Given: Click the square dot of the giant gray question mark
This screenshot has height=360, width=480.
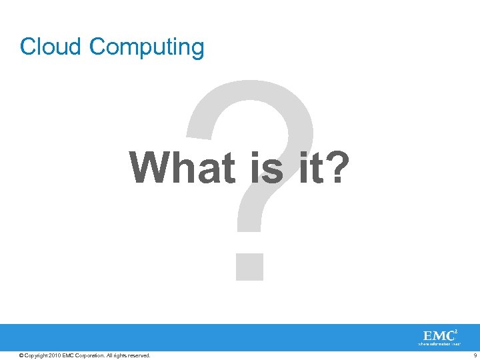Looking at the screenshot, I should (249, 265).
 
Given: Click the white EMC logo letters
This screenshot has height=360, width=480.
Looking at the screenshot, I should (437, 335).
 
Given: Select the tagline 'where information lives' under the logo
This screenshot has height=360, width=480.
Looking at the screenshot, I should (439, 345).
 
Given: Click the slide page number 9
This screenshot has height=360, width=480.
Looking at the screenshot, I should (474, 355).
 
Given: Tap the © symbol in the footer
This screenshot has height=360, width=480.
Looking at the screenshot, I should (22, 355).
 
